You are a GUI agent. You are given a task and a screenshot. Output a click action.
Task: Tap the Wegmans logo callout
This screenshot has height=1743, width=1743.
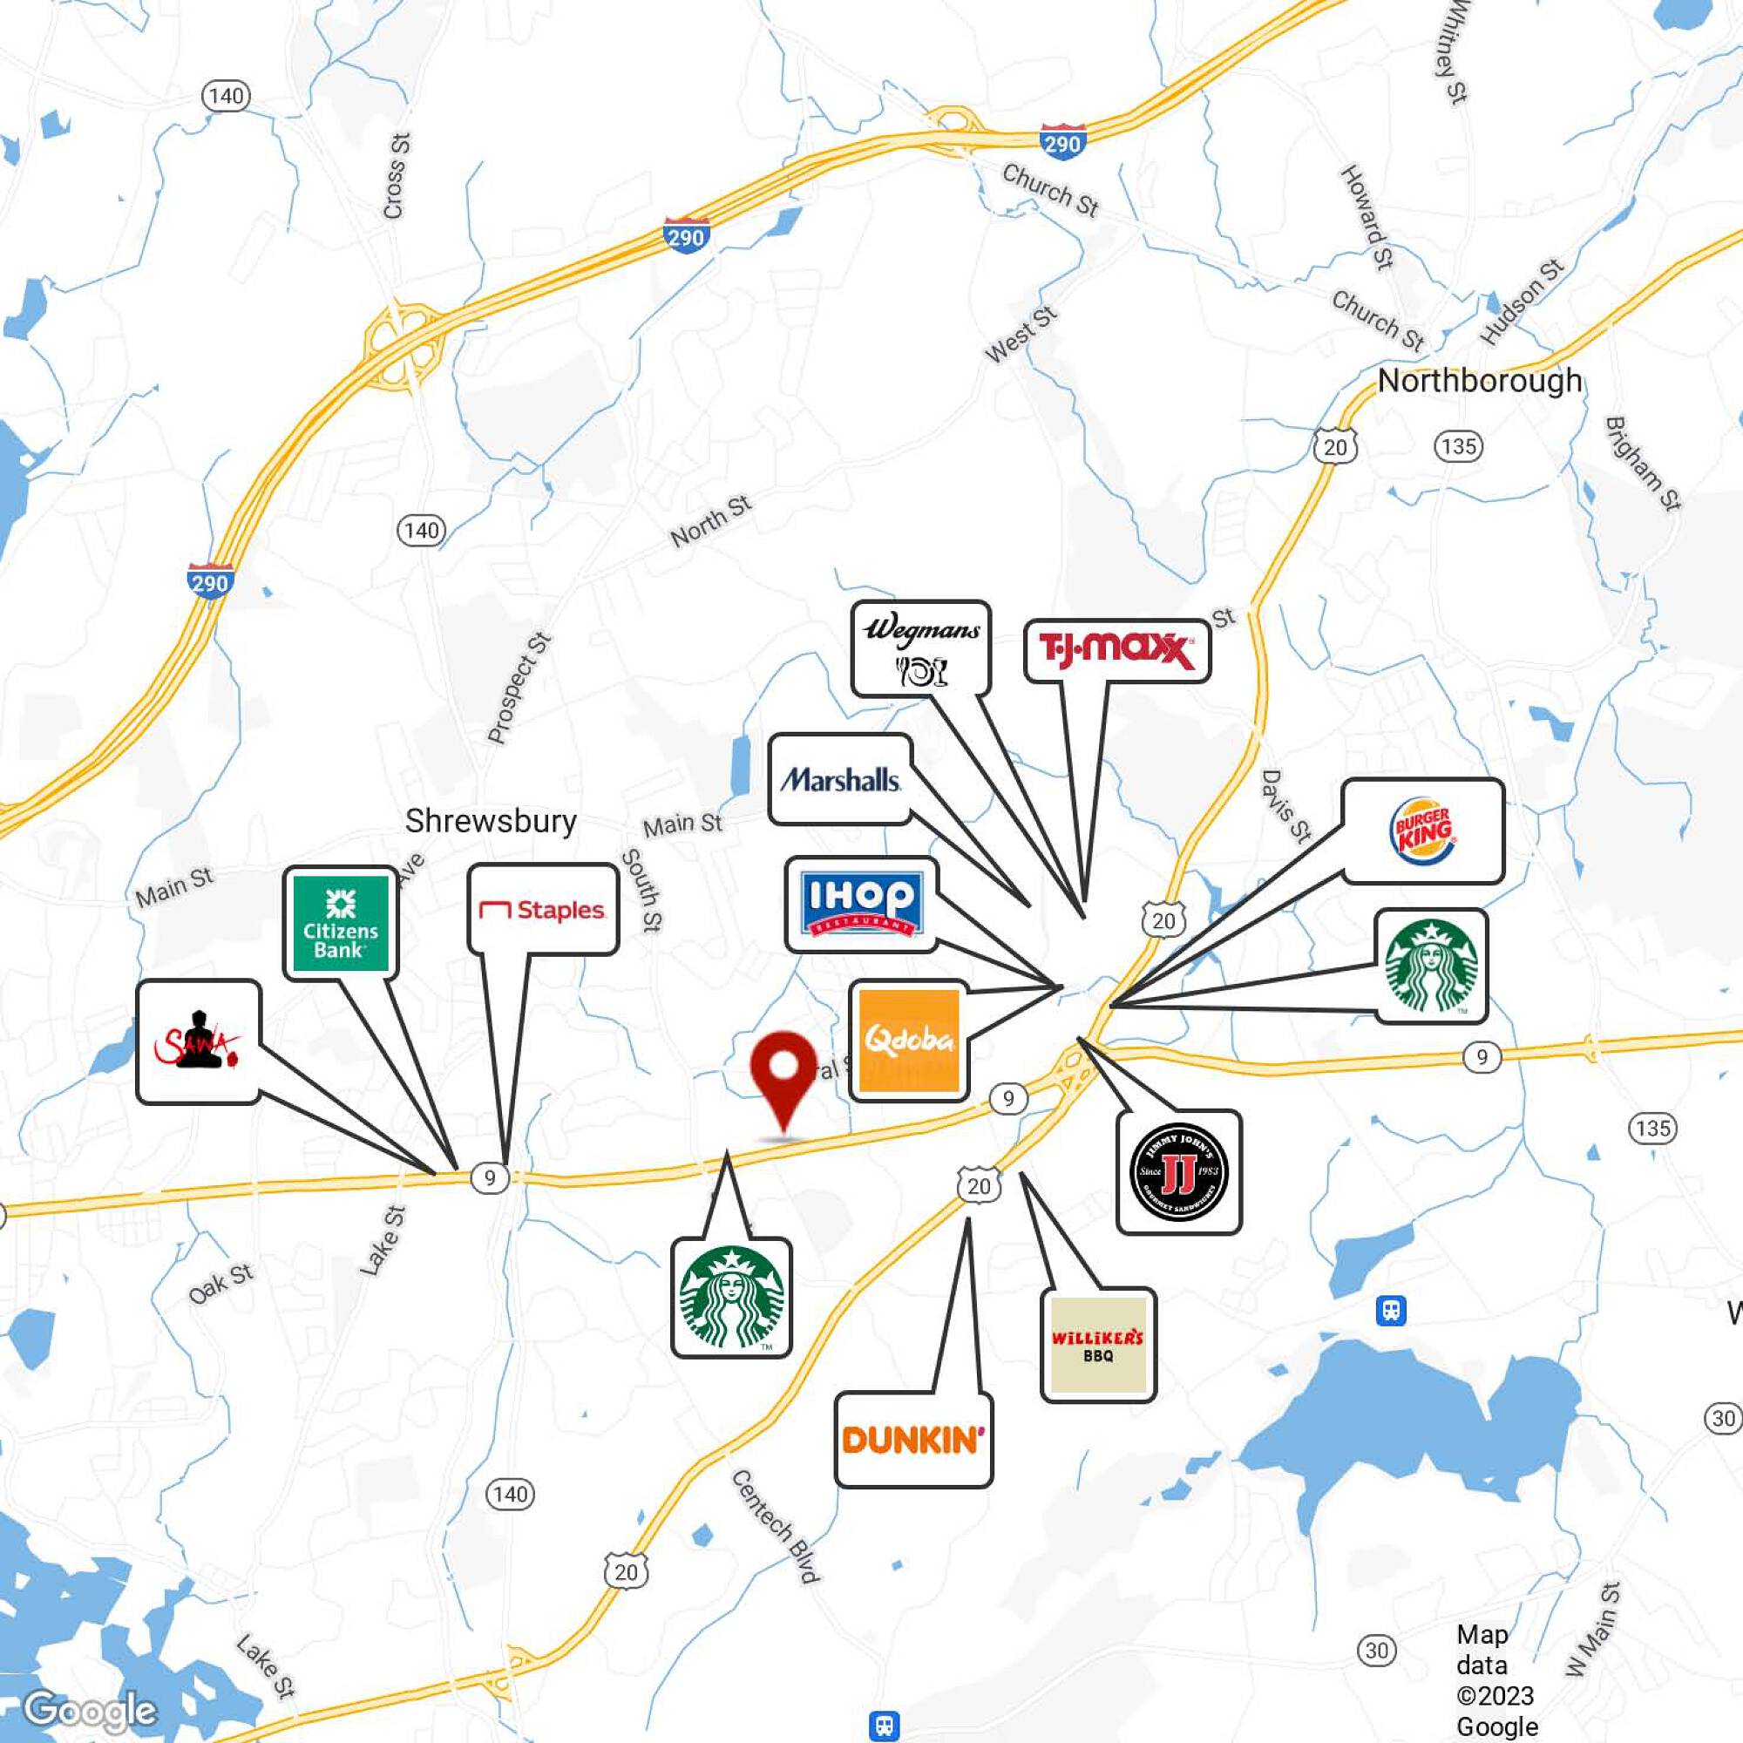(x=920, y=648)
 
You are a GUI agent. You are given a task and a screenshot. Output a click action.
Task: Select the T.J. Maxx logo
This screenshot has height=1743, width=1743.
(x=1116, y=650)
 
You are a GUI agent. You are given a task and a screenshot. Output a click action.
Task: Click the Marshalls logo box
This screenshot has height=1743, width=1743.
(x=840, y=779)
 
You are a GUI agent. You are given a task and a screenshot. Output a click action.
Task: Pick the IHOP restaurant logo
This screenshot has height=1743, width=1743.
(x=862, y=904)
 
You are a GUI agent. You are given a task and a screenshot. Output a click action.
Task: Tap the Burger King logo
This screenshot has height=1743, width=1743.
(x=1423, y=831)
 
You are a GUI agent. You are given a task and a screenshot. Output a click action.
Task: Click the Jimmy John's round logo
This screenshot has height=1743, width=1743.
(x=1178, y=1172)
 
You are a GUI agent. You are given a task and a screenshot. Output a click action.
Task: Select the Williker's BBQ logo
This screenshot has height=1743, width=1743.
(x=1097, y=1345)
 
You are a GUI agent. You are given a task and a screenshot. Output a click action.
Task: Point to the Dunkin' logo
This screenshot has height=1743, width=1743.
(x=913, y=1440)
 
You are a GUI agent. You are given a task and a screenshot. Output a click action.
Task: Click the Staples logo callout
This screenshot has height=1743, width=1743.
(x=542, y=909)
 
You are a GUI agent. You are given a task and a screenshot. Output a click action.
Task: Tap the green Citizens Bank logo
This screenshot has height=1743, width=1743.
(x=340, y=924)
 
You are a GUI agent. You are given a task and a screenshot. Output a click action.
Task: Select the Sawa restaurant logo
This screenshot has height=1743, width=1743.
(x=199, y=1042)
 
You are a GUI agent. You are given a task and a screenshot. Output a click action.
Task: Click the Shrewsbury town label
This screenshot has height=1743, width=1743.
(x=490, y=821)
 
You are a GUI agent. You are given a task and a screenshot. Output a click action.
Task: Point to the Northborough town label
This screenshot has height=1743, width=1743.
(x=1480, y=381)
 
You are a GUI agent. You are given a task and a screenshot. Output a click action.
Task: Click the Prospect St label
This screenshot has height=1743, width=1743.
(x=519, y=688)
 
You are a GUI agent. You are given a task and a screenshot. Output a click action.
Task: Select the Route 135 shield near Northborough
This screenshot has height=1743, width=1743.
(x=1458, y=446)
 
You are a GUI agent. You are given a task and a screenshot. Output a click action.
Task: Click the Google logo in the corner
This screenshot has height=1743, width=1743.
(x=91, y=1711)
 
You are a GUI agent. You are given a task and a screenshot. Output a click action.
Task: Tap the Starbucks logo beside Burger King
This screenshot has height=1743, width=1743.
(x=1431, y=966)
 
